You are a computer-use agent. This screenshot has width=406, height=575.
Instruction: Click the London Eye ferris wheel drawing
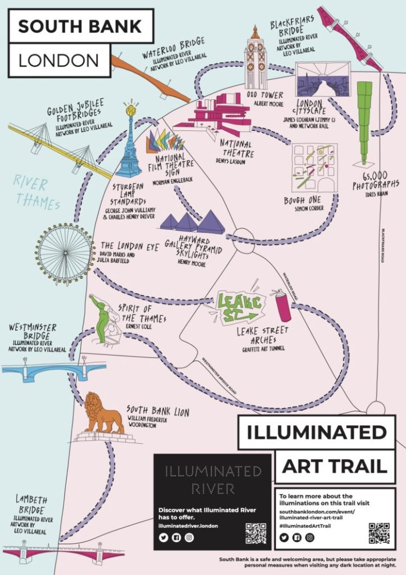coord(65,254)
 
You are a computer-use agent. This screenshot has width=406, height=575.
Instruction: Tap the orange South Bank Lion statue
coord(103,414)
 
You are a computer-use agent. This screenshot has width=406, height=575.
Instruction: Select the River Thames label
coord(37,192)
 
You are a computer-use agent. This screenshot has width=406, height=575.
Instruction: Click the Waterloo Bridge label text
coord(172,44)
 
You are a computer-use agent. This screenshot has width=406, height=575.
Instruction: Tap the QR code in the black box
coord(256,533)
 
